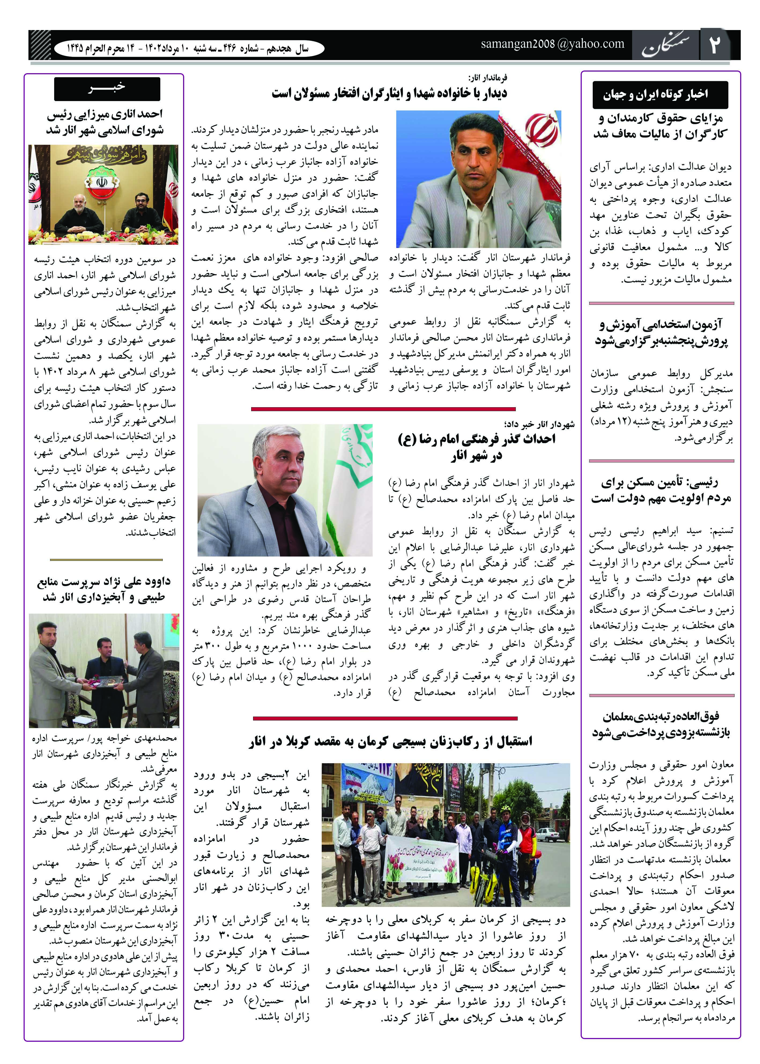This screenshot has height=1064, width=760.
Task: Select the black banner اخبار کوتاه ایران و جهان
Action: pyautogui.click(x=659, y=95)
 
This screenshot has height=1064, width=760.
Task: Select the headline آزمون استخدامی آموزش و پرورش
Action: pyautogui.click(x=661, y=333)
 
